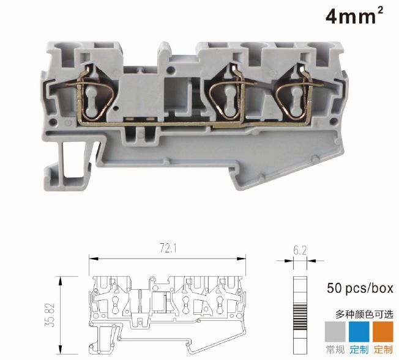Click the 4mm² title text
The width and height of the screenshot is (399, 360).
pyautogui.click(x=354, y=15)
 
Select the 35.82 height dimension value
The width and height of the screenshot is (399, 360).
pyautogui.click(x=50, y=315)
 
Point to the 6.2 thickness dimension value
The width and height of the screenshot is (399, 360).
pyautogui.click(x=300, y=251)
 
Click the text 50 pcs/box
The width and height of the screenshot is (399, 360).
pyautogui.click(x=360, y=288)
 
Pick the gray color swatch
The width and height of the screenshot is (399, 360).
pyautogui.click(x=335, y=332)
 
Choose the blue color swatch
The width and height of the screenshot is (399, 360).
pyautogui.click(x=359, y=332)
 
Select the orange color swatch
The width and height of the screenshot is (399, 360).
pyautogui.click(x=383, y=332)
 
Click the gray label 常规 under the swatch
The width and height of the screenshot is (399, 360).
pyautogui.click(x=335, y=350)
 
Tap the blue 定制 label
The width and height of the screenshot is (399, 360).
pyautogui.click(x=359, y=350)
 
